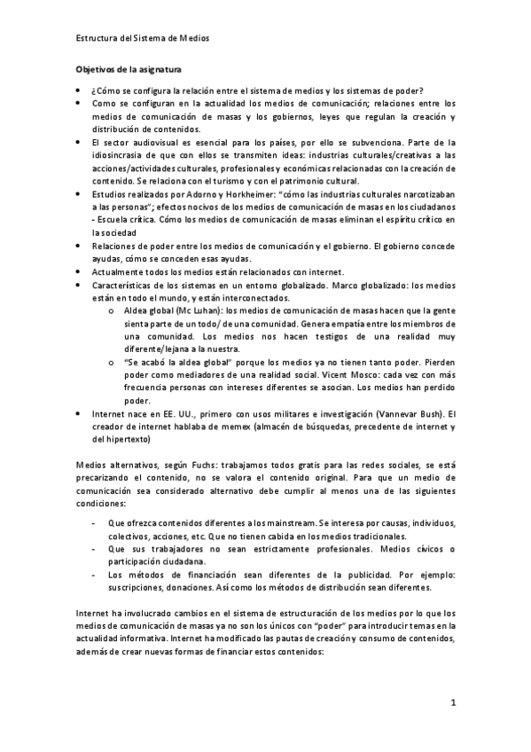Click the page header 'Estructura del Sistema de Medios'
143,38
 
